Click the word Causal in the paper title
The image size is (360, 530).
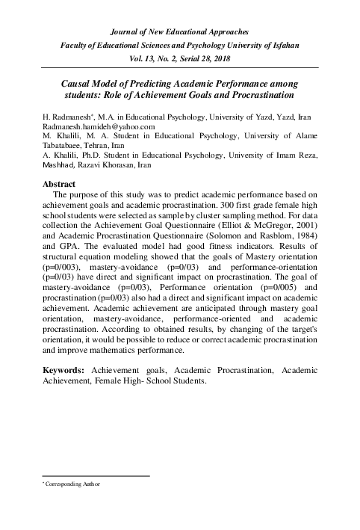[x=78, y=86]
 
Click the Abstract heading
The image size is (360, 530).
[x=60, y=183]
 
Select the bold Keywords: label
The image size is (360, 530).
[x=64, y=371]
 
